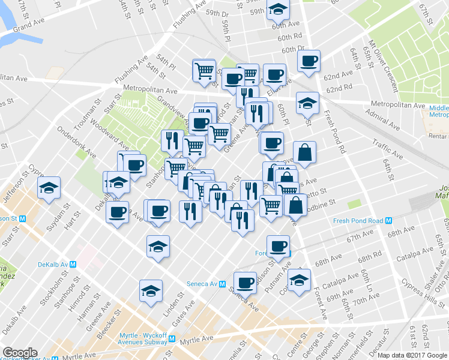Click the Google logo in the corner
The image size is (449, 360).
[x=20, y=353]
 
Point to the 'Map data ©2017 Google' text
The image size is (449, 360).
[x=412, y=355]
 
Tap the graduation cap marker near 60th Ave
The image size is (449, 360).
[x=278, y=10]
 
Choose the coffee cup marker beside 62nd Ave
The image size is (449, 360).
[x=309, y=61]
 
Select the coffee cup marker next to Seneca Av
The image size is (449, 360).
[x=244, y=281]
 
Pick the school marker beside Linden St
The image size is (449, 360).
[x=151, y=291]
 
